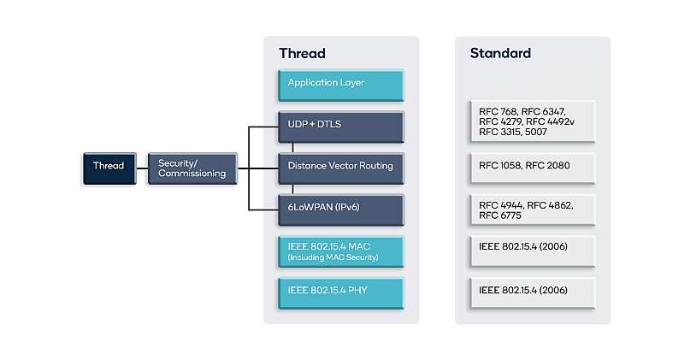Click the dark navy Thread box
pos(109,168)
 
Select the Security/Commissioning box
pos(192,168)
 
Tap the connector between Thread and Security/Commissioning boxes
pos(141,168)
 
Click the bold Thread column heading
pos(302,54)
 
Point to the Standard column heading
pos(500,54)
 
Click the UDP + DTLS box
pos(340,126)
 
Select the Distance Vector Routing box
pos(340,167)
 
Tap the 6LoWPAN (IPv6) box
pos(340,208)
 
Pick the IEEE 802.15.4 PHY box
pos(340,291)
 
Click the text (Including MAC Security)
pos(333,257)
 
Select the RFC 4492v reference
pos(551,121)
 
